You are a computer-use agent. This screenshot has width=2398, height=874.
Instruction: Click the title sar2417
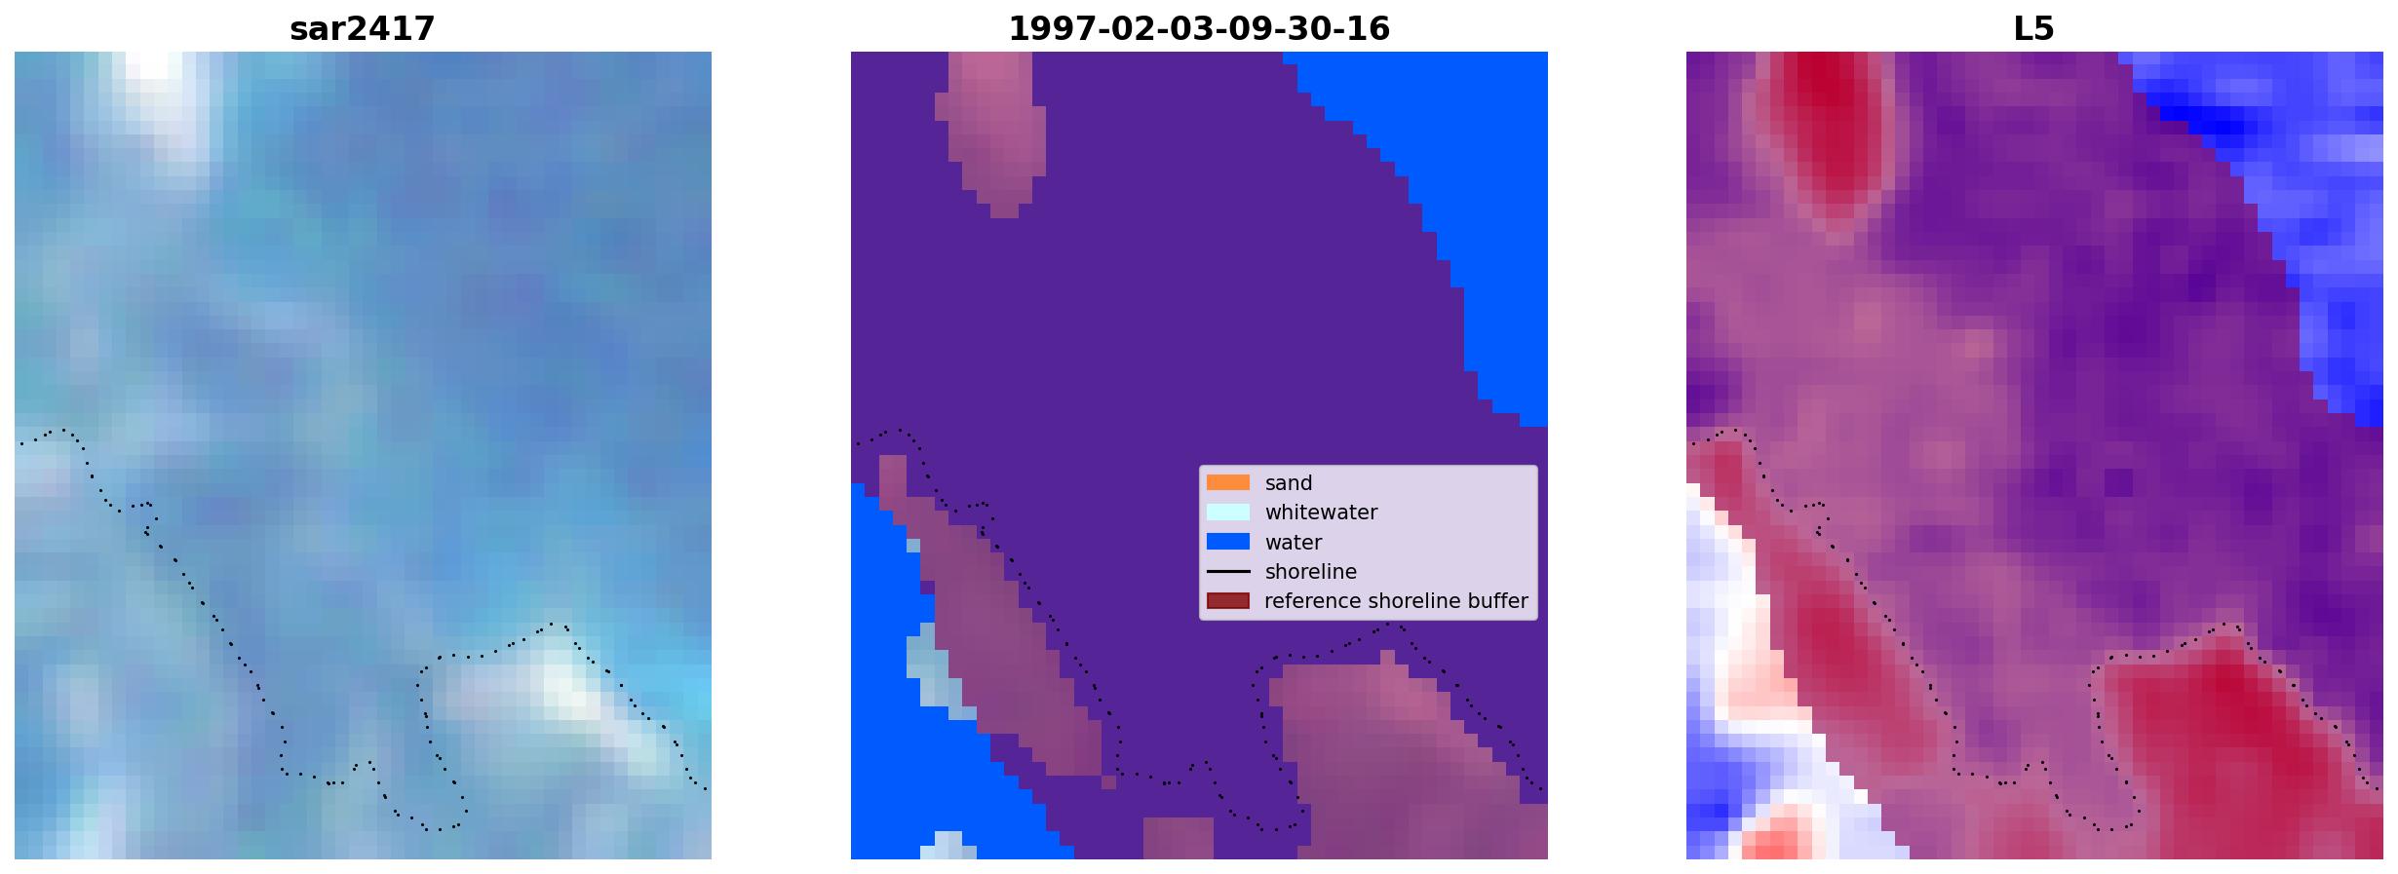pyautogui.click(x=362, y=29)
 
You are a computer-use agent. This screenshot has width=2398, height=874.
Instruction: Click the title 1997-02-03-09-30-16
pyautogui.click(x=1199, y=29)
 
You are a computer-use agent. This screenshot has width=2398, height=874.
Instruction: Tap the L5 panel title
pyautogui.click(x=2033, y=29)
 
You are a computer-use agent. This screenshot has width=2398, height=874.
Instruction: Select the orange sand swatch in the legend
pyautogui.click(x=1227, y=482)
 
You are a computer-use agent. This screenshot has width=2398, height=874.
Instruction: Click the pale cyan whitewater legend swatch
pyautogui.click(x=1227, y=512)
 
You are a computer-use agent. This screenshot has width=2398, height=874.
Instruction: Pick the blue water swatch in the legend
pyautogui.click(x=1227, y=542)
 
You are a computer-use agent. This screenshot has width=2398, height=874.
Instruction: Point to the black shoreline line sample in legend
pyautogui.click(x=1227, y=572)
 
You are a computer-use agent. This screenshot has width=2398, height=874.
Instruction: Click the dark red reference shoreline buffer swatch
pyautogui.click(x=1227, y=601)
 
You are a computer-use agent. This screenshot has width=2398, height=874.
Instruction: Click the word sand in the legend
pyautogui.click(x=1289, y=483)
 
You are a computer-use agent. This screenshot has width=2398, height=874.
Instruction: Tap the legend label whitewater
pyautogui.click(x=1321, y=513)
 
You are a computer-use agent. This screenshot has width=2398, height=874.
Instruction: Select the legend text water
pyautogui.click(x=1294, y=543)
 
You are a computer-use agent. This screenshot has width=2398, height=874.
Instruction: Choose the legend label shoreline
pyautogui.click(x=1310, y=572)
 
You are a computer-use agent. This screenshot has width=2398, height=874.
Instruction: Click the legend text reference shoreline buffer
pyautogui.click(x=1396, y=601)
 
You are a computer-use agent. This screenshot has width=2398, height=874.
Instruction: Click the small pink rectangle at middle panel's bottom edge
pyautogui.click(x=1178, y=838)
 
